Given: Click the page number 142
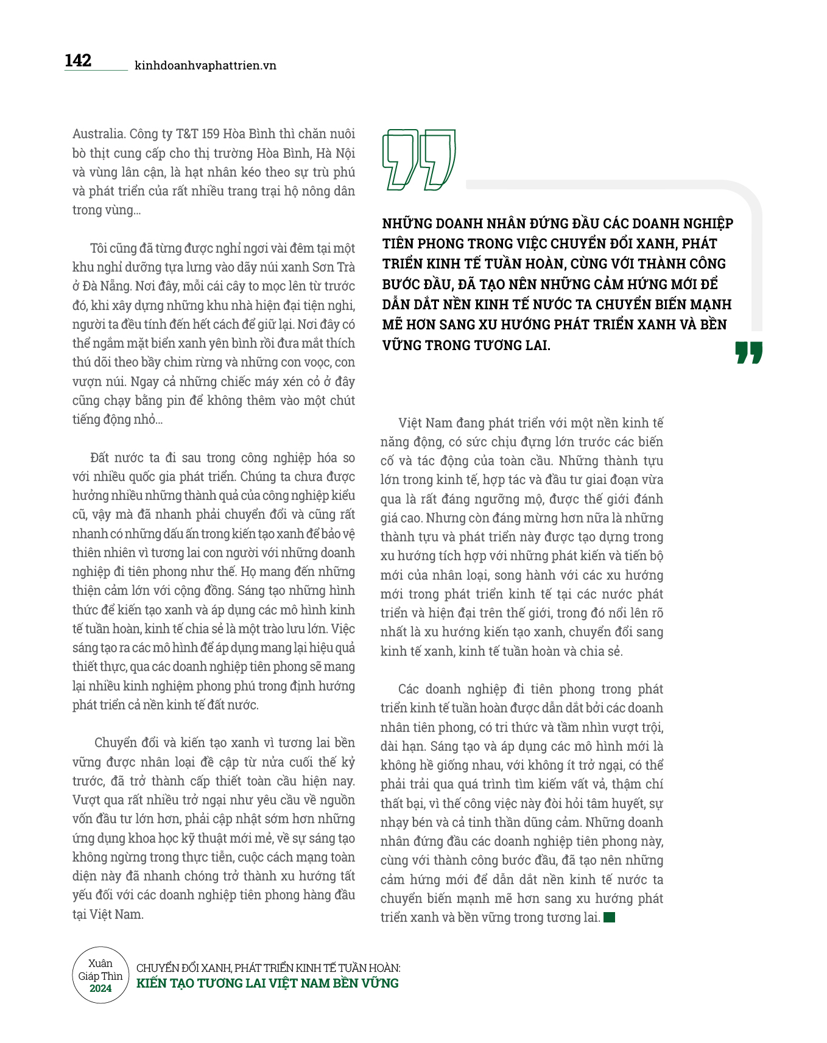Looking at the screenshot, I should [78, 60].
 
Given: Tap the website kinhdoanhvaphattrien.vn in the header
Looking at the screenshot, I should [205, 66].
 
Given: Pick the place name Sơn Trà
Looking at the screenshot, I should [334, 267].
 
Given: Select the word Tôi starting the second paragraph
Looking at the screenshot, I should [99, 248].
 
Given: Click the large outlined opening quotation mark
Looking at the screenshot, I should [418, 159].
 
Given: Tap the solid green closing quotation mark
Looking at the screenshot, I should [748, 353].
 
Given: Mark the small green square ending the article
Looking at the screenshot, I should [609, 917].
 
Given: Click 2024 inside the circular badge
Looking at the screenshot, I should [100, 988].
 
